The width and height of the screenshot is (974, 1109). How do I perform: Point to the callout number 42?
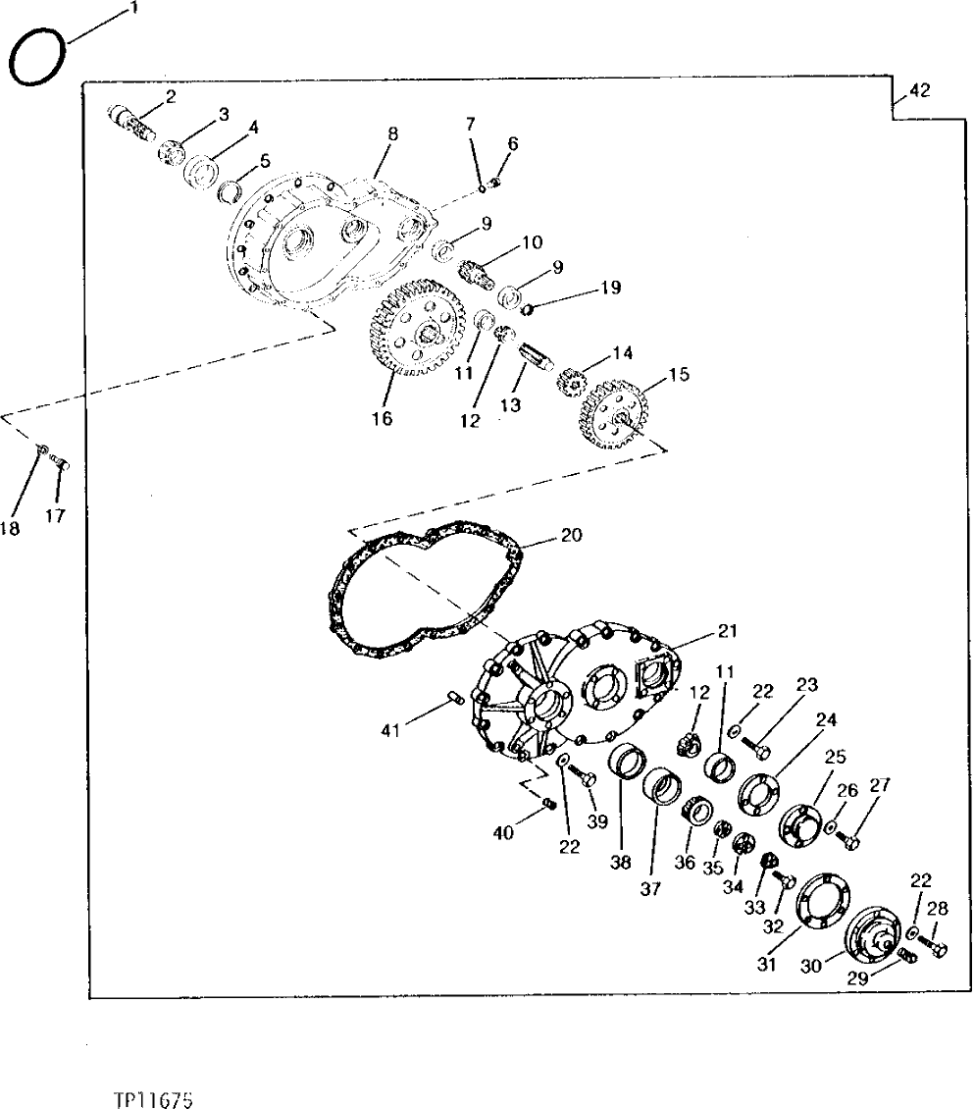(919, 91)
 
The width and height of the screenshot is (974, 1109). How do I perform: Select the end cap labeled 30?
(876, 934)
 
